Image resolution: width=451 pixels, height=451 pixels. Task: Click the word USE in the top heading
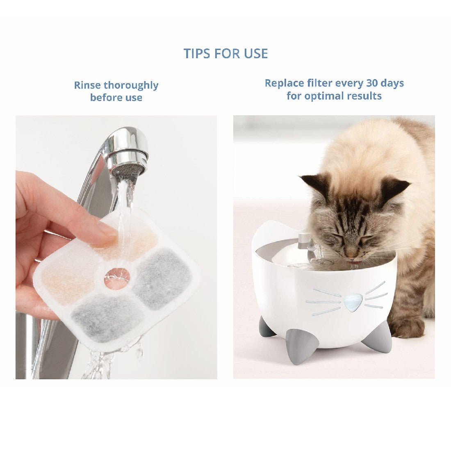256,53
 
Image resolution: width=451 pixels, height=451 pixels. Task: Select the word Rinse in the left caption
87,85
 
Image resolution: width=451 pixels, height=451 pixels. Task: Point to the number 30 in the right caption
372,83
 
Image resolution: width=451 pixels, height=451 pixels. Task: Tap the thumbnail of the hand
107,230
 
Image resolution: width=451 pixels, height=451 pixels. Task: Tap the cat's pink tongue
353,262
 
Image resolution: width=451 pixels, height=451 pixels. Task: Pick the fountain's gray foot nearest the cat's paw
378,337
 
